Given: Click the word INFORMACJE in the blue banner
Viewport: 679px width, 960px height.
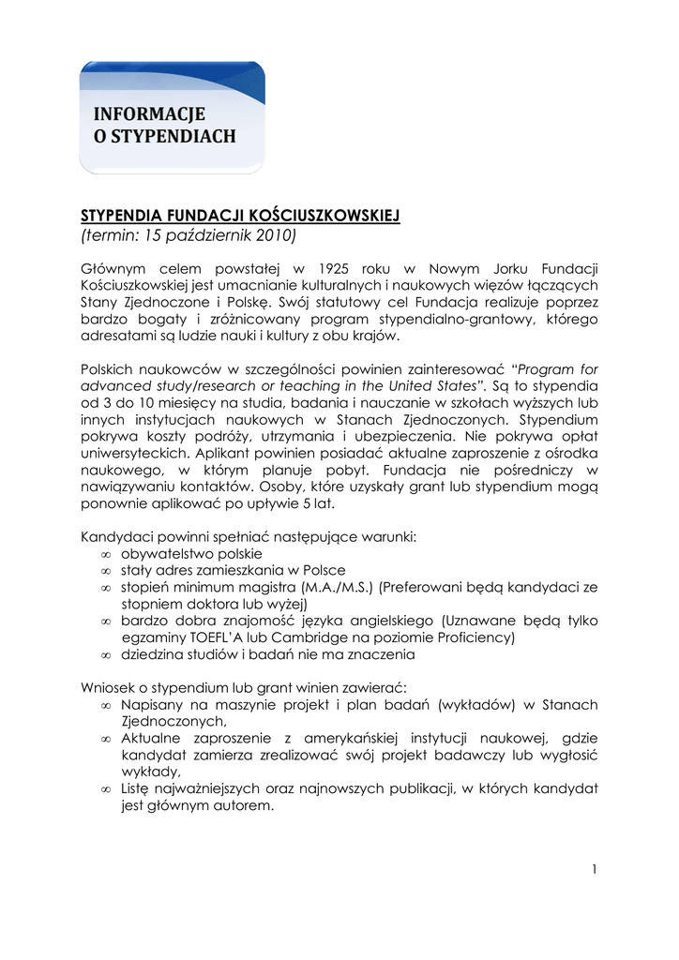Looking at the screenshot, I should click(x=149, y=114).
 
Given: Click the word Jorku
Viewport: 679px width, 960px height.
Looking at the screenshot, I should click(x=479, y=270).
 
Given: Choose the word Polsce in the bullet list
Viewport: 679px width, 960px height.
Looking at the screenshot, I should click(x=324, y=570).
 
